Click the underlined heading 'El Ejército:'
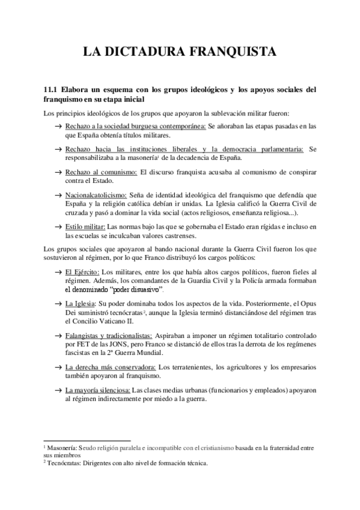coord(82,272)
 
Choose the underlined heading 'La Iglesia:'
coord(81,303)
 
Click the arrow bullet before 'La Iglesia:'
coord(58,304)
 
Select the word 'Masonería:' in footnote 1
coord(61,447)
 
